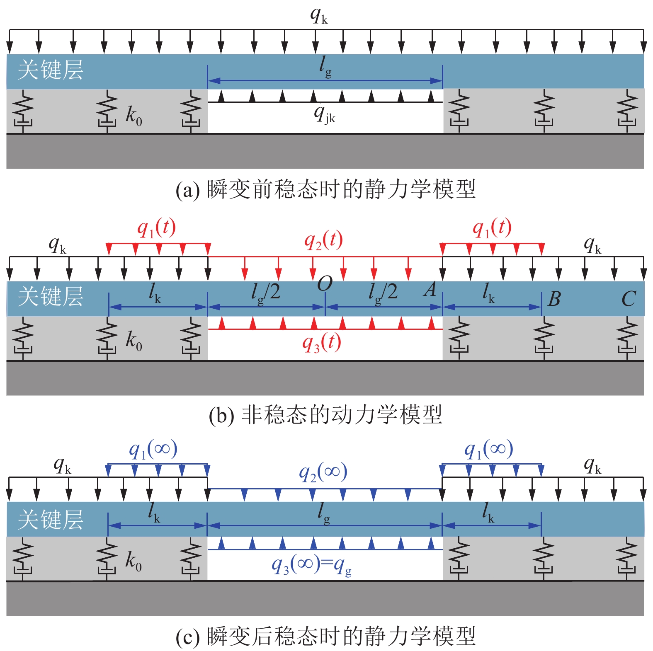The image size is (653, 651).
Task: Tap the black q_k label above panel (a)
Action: [x=319, y=15]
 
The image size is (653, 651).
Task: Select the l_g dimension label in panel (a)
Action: [x=325, y=67]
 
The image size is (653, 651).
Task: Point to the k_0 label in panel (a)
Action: [x=134, y=115]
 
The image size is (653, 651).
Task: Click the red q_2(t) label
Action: [x=323, y=240]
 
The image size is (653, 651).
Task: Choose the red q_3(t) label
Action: [x=321, y=343]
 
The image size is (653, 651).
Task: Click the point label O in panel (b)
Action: [x=325, y=284]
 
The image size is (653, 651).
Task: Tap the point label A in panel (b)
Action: [x=430, y=289]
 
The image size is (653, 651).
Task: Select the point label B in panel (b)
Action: [x=554, y=299]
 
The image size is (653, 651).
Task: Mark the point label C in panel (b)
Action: [x=629, y=299]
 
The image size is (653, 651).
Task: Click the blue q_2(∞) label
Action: [x=323, y=472]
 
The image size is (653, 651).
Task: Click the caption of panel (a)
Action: [x=325, y=189]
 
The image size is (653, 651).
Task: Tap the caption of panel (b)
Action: [x=325, y=415]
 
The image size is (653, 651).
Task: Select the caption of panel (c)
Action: [x=325, y=636]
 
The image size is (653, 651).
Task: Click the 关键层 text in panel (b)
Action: [x=51, y=297]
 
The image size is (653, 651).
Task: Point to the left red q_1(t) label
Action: [x=156, y=228]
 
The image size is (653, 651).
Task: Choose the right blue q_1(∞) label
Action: [x=488, y=449]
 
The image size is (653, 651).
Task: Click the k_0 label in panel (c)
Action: [x=134, y=561]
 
